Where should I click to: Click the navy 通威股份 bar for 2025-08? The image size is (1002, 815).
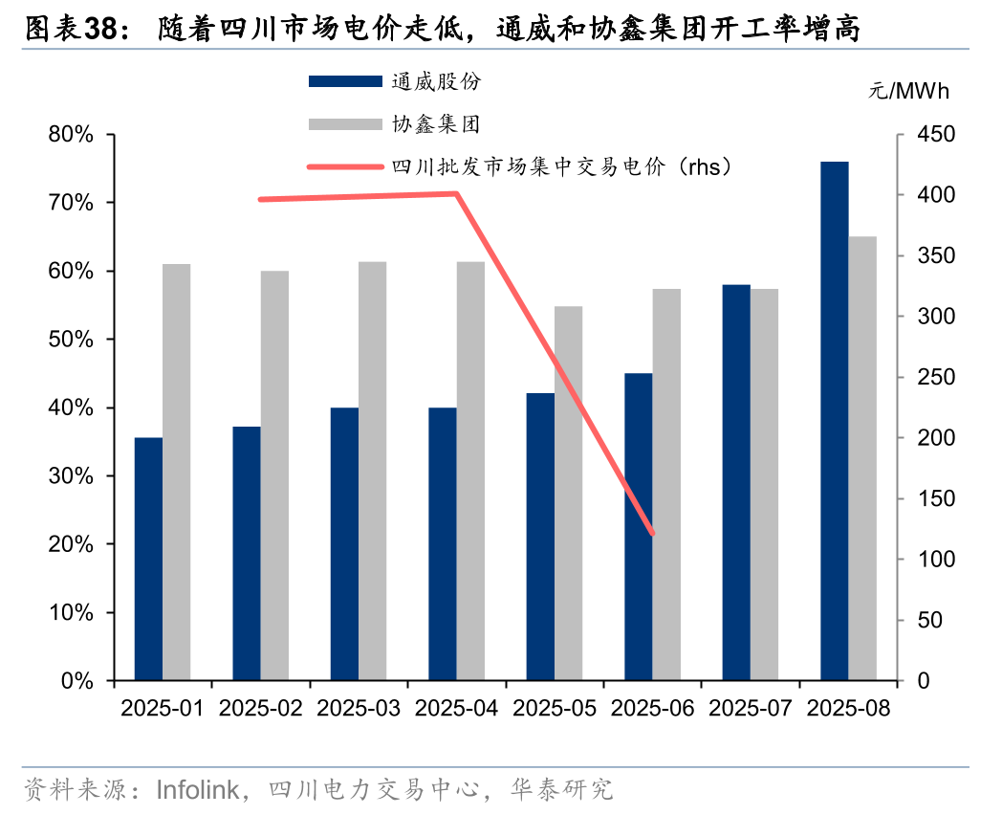[x=835, y=421]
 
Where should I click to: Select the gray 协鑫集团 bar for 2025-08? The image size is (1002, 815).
[x=862, y=458]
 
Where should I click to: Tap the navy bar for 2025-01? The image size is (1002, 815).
[x=148, y=559]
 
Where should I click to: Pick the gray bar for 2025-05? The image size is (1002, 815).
[x=569, y=494]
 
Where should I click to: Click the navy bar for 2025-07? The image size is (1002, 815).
[x=736, y=482]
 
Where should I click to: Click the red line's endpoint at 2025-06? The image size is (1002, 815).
[x=652, y=534]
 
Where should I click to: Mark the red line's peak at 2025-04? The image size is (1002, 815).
[x=457, y=194]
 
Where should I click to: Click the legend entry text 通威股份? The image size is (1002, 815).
[x=436, y=81]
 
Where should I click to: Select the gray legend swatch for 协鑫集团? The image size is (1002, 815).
[x=345, y=124]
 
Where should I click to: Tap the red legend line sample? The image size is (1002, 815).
[x=345, y=166]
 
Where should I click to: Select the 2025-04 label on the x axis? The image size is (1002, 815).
[x=455, y=709]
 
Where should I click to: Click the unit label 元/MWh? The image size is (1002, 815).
[x=908, y=92]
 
